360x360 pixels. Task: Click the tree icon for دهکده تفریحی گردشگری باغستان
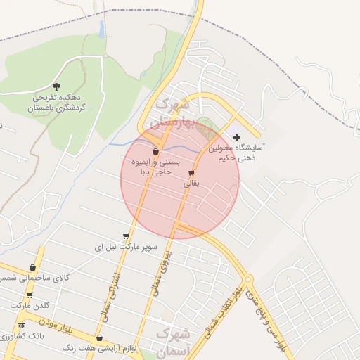(x=56, y=86)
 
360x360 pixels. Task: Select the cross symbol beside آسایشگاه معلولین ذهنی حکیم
(x=236, y=136)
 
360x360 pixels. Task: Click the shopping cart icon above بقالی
(x=191, y=172)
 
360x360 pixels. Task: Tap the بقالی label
(x=192, y=183)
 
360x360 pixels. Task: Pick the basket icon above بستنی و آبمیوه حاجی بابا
(x=155, y=151)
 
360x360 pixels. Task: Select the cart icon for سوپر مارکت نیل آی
(x=126, y=236)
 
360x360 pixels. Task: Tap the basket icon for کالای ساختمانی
(x=33, y=267)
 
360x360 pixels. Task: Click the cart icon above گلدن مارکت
(x=30, y=295)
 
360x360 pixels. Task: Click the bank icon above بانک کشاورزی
(x=21, y=326)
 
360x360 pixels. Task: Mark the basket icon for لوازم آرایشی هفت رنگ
(x=99, y=337)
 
